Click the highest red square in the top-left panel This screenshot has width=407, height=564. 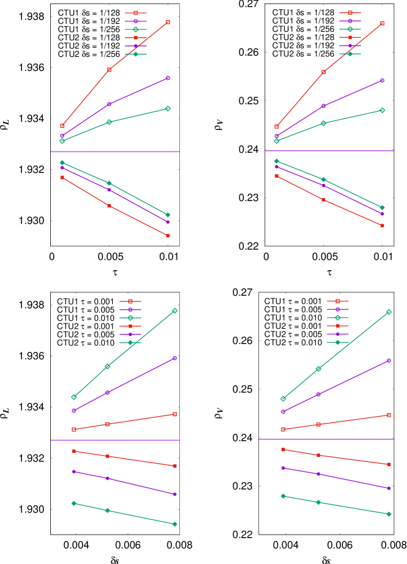point(168,22)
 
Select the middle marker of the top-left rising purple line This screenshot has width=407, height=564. point(109,104)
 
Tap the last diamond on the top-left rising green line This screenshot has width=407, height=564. point(168,108)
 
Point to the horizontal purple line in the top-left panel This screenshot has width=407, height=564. point(115,152)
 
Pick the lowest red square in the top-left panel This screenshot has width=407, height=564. point(168,236)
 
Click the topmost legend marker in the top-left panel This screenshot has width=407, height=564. point(136,13)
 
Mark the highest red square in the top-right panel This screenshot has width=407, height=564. point(382,23)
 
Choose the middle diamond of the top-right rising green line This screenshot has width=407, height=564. point(323,123)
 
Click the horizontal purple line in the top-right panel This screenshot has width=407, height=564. point(329,151)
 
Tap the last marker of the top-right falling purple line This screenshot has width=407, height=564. point(382,214)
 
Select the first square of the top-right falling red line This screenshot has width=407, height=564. point(276,176)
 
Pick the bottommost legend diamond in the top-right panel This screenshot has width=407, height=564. point(350,54)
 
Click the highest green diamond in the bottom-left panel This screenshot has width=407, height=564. point(174,310)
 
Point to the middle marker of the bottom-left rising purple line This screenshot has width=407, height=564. point(108,392)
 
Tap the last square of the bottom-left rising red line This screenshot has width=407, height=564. point(174,414)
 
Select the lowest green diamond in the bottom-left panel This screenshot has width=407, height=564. point(174,524)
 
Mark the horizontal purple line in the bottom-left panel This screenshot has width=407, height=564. point(115,440)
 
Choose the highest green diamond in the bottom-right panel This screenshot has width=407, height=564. point(388,312)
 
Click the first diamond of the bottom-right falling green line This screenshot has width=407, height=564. point(283,496)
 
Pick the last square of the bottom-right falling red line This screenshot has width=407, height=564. point(389,464)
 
